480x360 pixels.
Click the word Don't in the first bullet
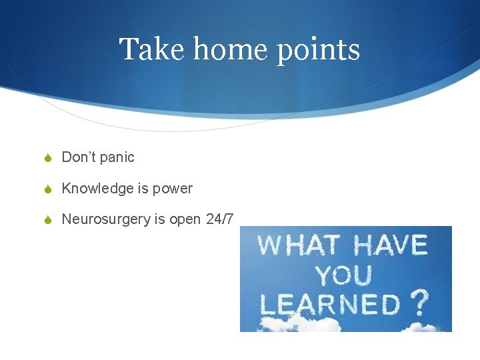79,157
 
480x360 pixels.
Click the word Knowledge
98,189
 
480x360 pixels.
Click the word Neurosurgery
106,219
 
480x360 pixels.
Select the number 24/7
220,219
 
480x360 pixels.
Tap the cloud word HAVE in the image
390,245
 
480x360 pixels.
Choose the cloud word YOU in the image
345,275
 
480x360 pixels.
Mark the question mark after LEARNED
419,303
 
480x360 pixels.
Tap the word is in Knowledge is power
143,189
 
